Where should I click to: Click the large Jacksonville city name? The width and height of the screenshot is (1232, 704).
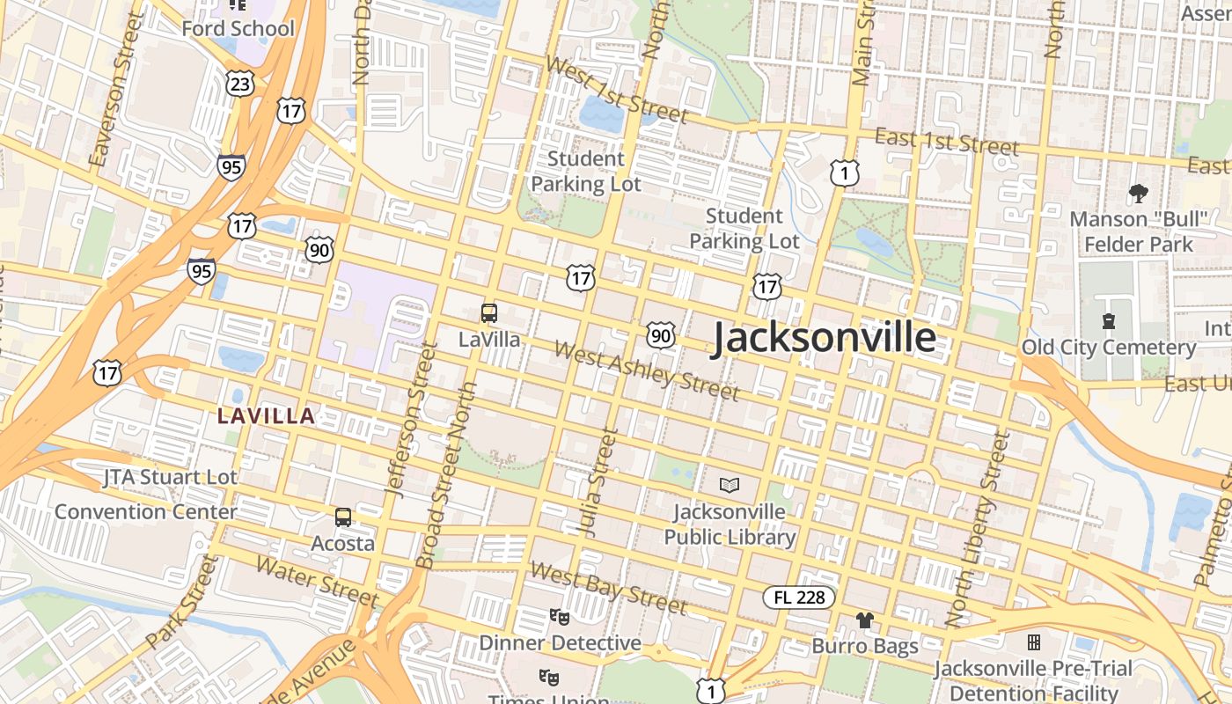coord(823,338)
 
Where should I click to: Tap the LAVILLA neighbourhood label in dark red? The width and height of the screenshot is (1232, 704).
coord(266,416)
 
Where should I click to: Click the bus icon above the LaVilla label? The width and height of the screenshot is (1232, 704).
coord(489,312)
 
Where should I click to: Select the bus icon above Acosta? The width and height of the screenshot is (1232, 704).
coord(343,517)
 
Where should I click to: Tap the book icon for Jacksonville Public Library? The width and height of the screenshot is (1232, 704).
coord(730,484)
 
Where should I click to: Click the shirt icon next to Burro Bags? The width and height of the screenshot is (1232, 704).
coord(865,620)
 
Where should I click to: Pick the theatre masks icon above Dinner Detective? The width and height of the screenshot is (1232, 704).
coord(558,616)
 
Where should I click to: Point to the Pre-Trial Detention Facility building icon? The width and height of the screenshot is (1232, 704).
coord(1033,642)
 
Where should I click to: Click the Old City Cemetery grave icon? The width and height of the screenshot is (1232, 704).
coord(1108,322)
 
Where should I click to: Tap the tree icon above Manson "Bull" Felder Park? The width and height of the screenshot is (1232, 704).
coord(1138,193)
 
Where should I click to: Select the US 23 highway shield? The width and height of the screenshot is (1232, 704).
coord(239,84)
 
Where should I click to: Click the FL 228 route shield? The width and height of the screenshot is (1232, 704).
coord(799,598)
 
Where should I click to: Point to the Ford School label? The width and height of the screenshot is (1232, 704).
coord(238,28)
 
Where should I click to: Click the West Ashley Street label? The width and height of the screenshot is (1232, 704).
coord(647,370)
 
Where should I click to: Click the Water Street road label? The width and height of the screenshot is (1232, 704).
coord(316,581)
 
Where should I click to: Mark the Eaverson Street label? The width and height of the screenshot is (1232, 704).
coord(115,88)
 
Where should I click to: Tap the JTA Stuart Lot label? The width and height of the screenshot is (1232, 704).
coord(170,478)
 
